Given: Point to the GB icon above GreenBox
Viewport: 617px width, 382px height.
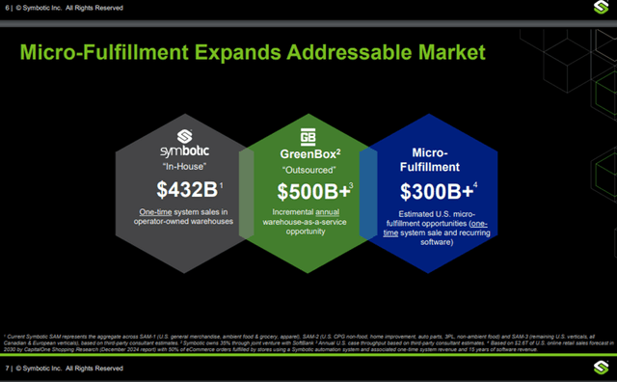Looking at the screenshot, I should [308, 136].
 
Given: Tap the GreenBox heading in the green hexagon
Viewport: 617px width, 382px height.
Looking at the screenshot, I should [305, 153].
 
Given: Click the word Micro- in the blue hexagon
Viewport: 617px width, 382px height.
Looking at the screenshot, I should [430, 152].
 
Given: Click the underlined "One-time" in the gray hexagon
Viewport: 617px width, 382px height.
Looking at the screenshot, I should [158, 211].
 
